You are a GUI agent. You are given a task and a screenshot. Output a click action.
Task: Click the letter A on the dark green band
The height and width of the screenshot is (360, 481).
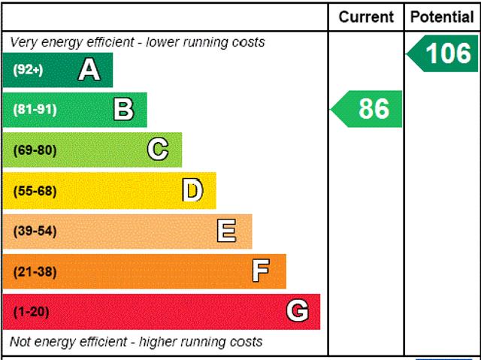[x=89, y=70]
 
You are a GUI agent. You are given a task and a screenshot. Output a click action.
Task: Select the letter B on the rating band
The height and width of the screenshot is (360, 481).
[x=123, y=110]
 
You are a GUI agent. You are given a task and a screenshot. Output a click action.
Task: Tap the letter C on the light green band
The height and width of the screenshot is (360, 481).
[x=158, y=150]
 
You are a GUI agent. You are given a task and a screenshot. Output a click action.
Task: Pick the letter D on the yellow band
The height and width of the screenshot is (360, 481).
[x=193, y=191]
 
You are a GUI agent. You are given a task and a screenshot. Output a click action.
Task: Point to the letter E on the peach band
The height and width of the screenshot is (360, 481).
[x=226, y=231]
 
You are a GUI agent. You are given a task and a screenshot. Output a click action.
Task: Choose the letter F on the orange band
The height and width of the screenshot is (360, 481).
[x=261, y=271]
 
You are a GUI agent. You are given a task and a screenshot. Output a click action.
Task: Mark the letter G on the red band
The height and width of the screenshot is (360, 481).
[x=298, y=311]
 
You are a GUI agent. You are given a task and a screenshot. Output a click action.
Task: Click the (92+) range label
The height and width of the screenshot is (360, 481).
[x=29, y=70]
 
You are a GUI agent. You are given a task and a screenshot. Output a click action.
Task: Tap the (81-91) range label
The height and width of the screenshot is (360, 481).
[x=35, y=110]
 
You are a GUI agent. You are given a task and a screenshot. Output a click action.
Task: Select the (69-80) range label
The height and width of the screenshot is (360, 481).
[x=35, y=150]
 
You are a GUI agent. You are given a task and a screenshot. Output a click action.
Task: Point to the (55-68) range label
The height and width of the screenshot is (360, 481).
[x=35, y=191]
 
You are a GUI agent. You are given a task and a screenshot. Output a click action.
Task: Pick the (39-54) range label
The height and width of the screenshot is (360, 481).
[x=35, y=231]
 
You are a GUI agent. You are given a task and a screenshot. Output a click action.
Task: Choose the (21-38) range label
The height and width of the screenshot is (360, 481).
[x=35, y=271]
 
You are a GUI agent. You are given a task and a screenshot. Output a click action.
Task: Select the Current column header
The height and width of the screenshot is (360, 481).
[x=366, y=17]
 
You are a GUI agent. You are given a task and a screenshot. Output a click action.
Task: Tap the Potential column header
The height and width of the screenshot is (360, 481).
[x=443, y=17]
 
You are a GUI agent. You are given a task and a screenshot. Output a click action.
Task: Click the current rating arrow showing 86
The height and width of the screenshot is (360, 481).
[x=368, y=109]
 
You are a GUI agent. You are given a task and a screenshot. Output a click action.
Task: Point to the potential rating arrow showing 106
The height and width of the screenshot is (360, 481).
[x=443, y=54]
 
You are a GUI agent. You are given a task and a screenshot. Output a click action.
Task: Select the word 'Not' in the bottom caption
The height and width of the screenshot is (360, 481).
[x=21, y=342]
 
